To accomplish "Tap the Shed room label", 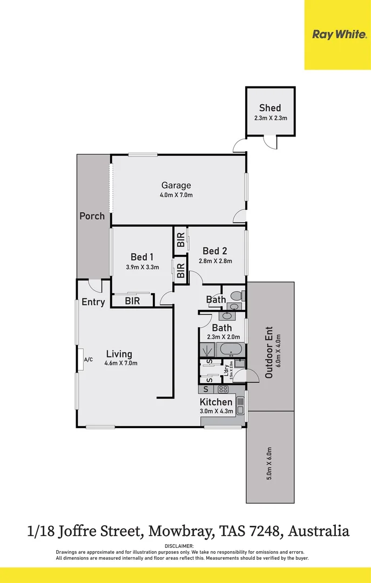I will click(270, 108).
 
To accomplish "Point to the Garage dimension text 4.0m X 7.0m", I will click(177, 195).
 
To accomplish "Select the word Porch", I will click(92, 216).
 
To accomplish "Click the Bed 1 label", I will click(142, 257).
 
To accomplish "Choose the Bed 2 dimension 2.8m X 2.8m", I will click(214, 261).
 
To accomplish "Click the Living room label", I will click(119, 354).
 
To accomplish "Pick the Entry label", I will click(93, 302).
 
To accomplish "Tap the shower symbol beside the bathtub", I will click(208, 350).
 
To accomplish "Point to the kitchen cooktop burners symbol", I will click(223, 389).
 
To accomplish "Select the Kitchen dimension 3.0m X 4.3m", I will click(216, 411).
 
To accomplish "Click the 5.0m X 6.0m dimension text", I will click(269, 463).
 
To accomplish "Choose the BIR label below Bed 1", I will click(132, 301).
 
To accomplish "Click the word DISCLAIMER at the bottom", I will click(185, 546).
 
